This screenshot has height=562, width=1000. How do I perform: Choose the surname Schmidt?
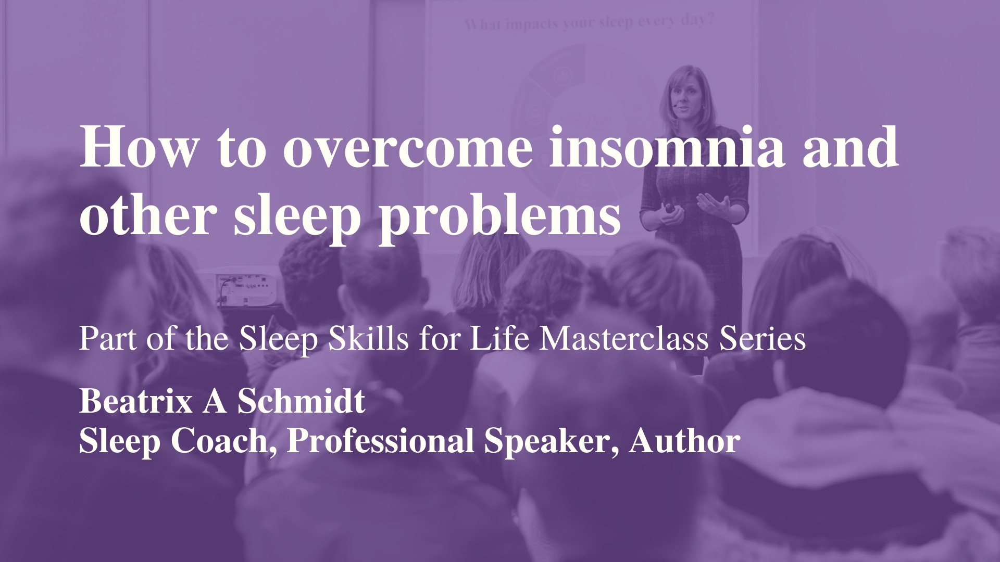(301, 402)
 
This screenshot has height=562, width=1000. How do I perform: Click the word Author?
(684, 441)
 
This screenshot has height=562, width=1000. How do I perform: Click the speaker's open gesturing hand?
(711, 203)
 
